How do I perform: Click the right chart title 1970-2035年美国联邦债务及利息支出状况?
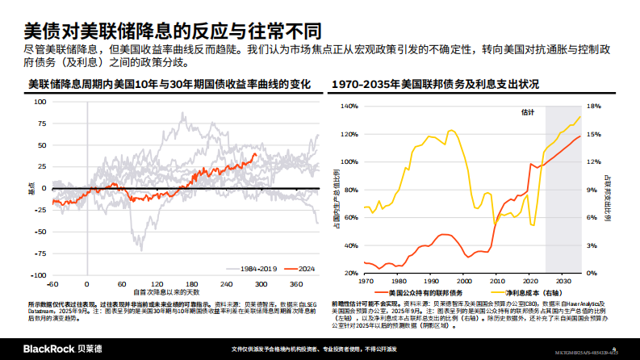click(436, 84)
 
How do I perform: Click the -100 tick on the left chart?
click(36, 275)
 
